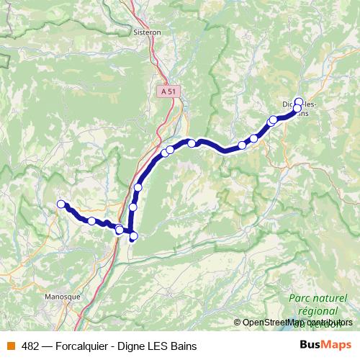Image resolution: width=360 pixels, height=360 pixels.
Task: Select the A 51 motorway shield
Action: point(168,91)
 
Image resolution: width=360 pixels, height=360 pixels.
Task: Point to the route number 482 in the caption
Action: point(30,346)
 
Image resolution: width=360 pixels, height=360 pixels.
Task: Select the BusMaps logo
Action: point(328,346)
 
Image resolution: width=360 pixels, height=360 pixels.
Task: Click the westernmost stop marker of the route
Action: point(61,204)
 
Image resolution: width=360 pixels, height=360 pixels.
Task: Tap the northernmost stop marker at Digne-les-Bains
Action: point(299,102)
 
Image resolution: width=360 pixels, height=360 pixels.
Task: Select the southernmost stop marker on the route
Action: point(133,235)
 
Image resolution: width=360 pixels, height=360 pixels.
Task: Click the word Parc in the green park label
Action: point(301,297)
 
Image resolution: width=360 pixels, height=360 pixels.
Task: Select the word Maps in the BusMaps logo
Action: point(338,346)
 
